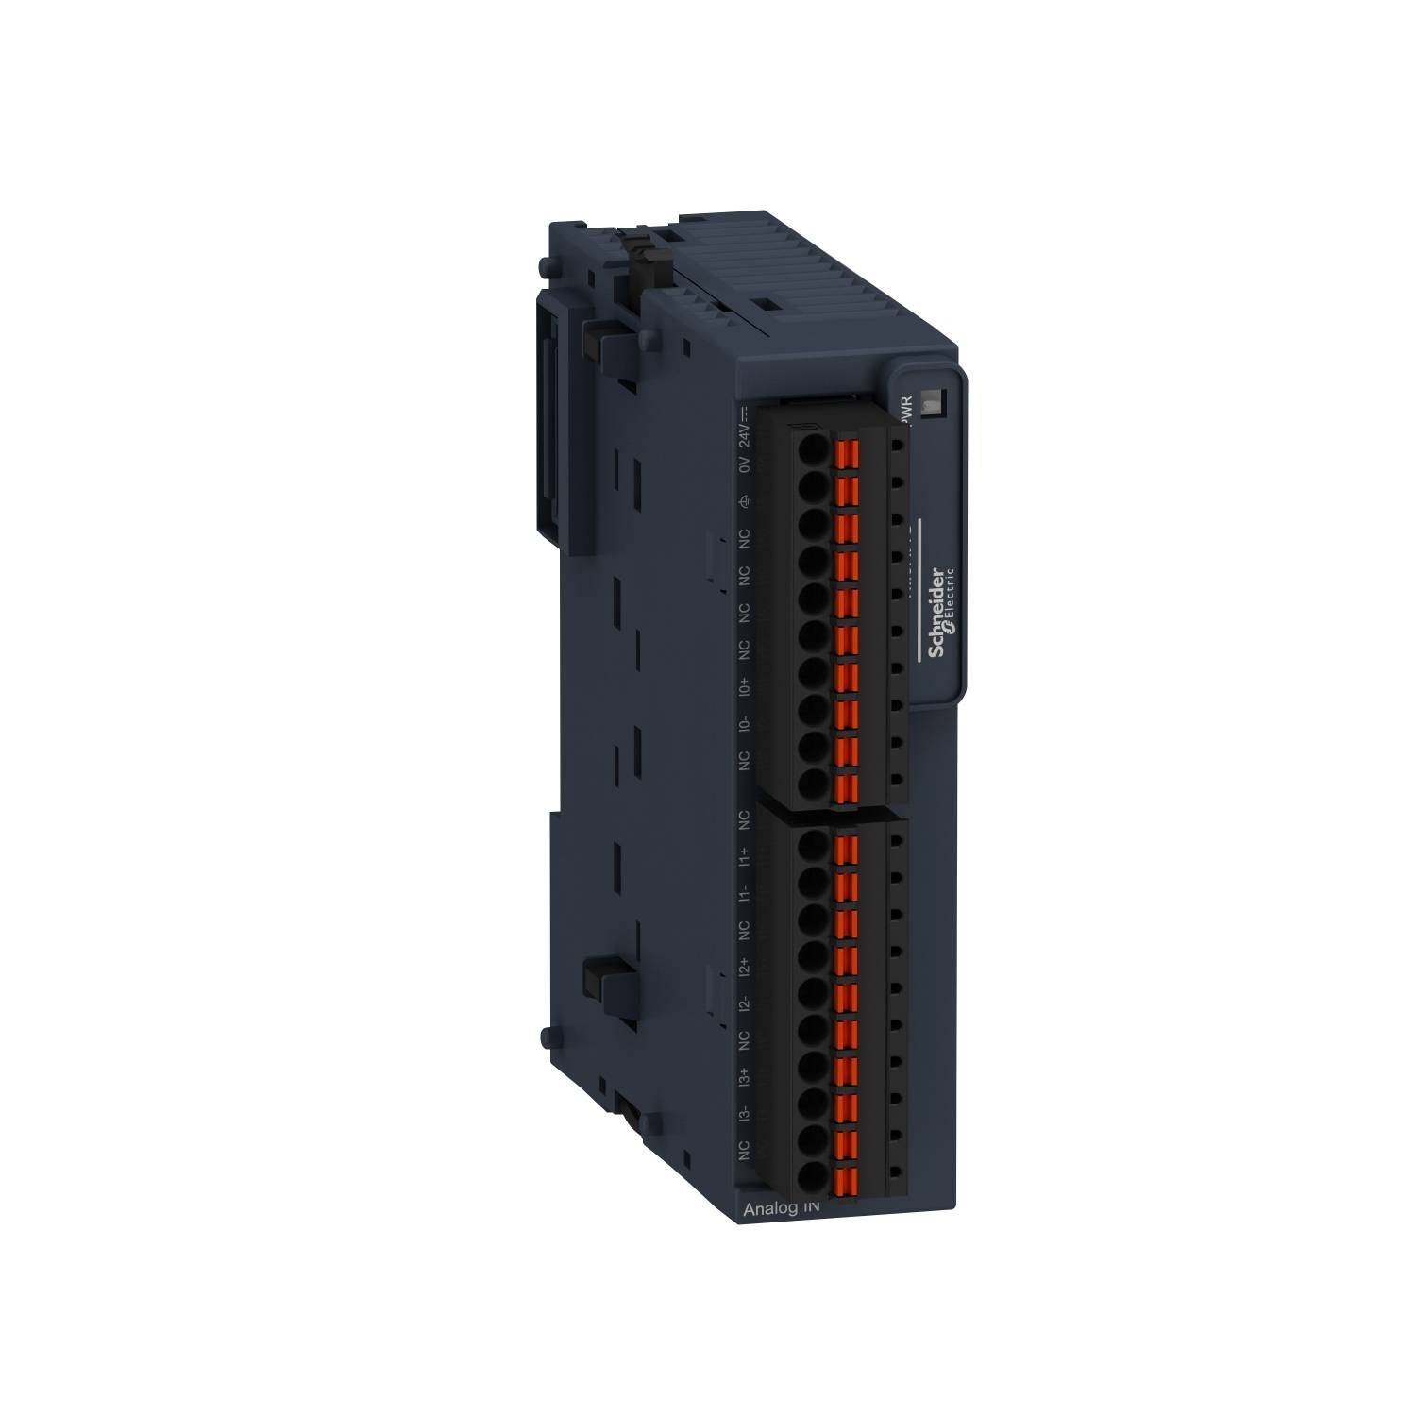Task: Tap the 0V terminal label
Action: click(745, 466)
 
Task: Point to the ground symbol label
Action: click(745, 502)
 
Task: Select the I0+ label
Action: click(745, 684)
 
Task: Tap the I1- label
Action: click(745, 893)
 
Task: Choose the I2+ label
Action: click(745, 967)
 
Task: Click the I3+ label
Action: click(745, 1076)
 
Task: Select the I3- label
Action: click(745, 1114)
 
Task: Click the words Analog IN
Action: click(783, 1208)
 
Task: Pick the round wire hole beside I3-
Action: click(811, 1139)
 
